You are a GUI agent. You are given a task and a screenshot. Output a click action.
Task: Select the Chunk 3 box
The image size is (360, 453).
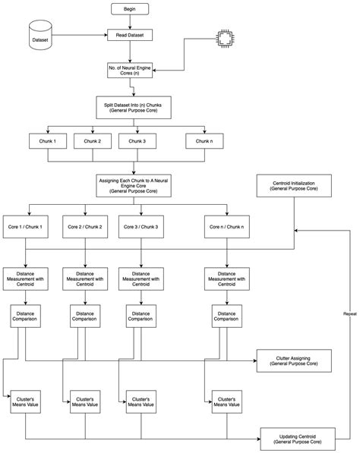coord(137,141)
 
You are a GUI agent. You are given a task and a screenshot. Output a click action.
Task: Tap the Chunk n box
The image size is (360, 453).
coord(205,141)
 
